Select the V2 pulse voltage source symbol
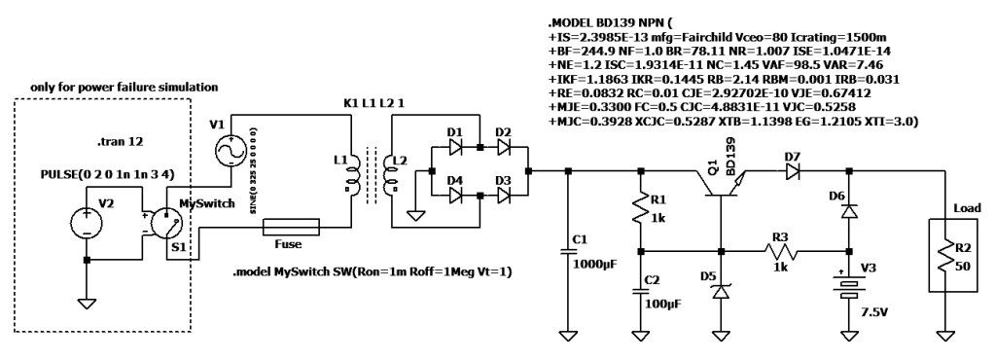pos(87,224)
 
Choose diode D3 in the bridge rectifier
pos(503,195)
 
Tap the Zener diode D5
pos(721,289)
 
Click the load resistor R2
pos(944,256)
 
